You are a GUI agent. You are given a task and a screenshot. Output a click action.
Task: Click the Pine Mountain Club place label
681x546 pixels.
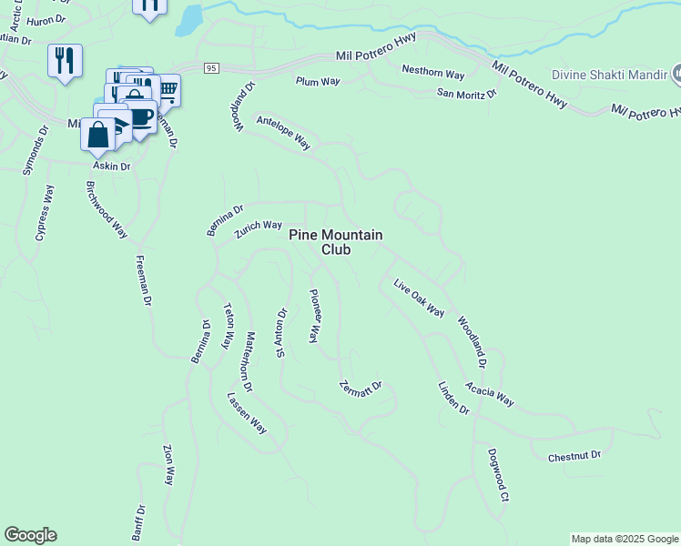pyautogui.click(x=335, y=241)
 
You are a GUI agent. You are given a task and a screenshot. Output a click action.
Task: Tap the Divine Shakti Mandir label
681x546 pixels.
pyautogui.click(x=609, y=74)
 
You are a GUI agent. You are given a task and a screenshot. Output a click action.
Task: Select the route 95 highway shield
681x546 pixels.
pyautogui.click(x=211, y=68)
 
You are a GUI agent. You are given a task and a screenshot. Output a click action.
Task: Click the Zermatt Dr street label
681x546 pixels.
pyautogui.click(x=361, y=386)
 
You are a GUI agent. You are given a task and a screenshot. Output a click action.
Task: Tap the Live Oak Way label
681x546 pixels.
pyautogui.click(x=419, y=298)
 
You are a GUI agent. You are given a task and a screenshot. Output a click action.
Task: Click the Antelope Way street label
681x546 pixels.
pyautogui.click(x=283, y=133)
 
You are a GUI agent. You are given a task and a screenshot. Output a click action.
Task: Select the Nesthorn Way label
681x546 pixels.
pyautogui.click(x=433, y=72)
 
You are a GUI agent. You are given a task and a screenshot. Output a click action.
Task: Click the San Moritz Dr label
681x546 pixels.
pyautogui.click(x=467, y=93)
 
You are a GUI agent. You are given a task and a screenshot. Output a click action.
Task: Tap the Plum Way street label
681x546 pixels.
pyautogui.click(x=318, y=81)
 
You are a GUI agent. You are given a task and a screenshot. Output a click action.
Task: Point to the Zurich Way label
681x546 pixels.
pyautogui.click(x=258, y=228)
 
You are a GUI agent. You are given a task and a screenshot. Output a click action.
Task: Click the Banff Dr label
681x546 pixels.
pyautogui.click(x=138, y=523)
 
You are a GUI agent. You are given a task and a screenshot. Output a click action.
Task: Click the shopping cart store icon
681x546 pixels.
pyautogui.click(x=167, y=89)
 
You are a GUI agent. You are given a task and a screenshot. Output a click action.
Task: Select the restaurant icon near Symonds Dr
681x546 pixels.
pyautogui.click(x=65, y=60)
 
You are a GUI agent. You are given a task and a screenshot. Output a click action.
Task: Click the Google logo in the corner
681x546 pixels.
pyautogui.click(x=30, y=535)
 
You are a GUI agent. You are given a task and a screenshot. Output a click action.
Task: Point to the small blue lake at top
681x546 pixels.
pyautogui.click(x=188, y=20)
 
